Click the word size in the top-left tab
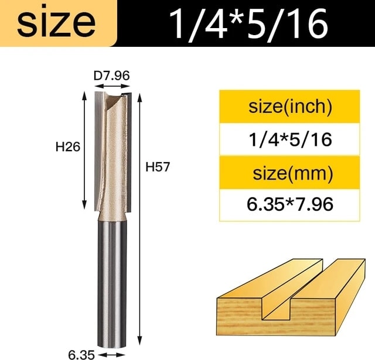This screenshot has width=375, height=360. (56, 23)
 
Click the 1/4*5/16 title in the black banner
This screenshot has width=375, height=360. (249, 23)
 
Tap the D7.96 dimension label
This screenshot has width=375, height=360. (112, 76)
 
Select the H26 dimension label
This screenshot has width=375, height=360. (68, 147)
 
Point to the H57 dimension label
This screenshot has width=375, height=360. (158, 167)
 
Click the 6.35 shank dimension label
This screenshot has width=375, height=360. (81, 355)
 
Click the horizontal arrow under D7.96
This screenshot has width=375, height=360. (112, 86)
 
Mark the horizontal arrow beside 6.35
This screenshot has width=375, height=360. (112, 355)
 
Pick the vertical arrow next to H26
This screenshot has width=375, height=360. (84, 150)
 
